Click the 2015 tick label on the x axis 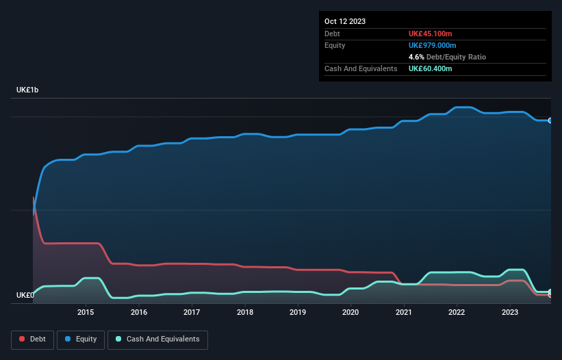[x=86, y=313]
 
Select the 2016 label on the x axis [x=139, y=313]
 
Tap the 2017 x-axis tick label [x=192, y=313]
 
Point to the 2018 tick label [x=245, y=313]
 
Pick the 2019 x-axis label [x=298, y=313]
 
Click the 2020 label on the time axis [x=350, y=313]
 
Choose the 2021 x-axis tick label [x=404, y=313]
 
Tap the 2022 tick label [x=457, y=313]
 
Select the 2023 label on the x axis [x=510, y=313]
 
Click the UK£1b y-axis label [x=29, y=90]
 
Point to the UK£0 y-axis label [x=25, y=296]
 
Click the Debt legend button [x=34, y=339]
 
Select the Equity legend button [x=81, y=339]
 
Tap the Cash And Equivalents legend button [x=157, y=339]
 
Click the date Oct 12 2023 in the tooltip [x=345, y=21]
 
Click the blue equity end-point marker [x=550, y=120]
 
